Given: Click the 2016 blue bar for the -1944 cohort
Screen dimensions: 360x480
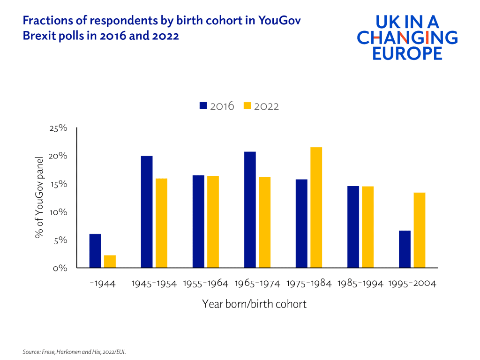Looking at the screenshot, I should (95, 251).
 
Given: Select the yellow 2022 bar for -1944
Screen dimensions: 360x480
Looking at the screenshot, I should (110, 262).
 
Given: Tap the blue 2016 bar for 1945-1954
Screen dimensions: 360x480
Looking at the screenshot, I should (147, 212).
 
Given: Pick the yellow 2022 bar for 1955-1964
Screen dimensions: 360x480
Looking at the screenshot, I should (213, 222).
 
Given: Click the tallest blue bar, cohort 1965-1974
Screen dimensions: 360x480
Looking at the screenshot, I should (250, 210).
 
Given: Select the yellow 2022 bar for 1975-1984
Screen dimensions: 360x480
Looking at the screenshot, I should (316, 208).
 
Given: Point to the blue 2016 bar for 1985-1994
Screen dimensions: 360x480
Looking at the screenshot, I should (353, 227).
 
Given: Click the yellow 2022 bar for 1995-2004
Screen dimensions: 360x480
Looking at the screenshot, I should (419, 230).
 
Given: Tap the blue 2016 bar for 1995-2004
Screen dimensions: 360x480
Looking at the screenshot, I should (405, 249).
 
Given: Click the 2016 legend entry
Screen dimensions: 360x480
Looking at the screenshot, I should (217, 106).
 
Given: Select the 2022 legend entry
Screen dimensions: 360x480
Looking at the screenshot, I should (261, 106).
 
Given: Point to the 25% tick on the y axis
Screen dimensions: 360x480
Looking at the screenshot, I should (59, 128).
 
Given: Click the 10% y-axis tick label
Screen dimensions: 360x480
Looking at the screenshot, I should (59, 212).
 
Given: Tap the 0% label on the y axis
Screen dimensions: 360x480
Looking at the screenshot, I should (61, 269).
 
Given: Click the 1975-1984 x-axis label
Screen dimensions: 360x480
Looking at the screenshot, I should (309, 284).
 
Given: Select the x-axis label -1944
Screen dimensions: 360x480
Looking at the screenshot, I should (103, 284).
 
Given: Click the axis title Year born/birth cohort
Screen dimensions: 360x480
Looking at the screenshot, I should (254, 304).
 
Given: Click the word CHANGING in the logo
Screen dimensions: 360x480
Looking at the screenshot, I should (407, 37).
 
